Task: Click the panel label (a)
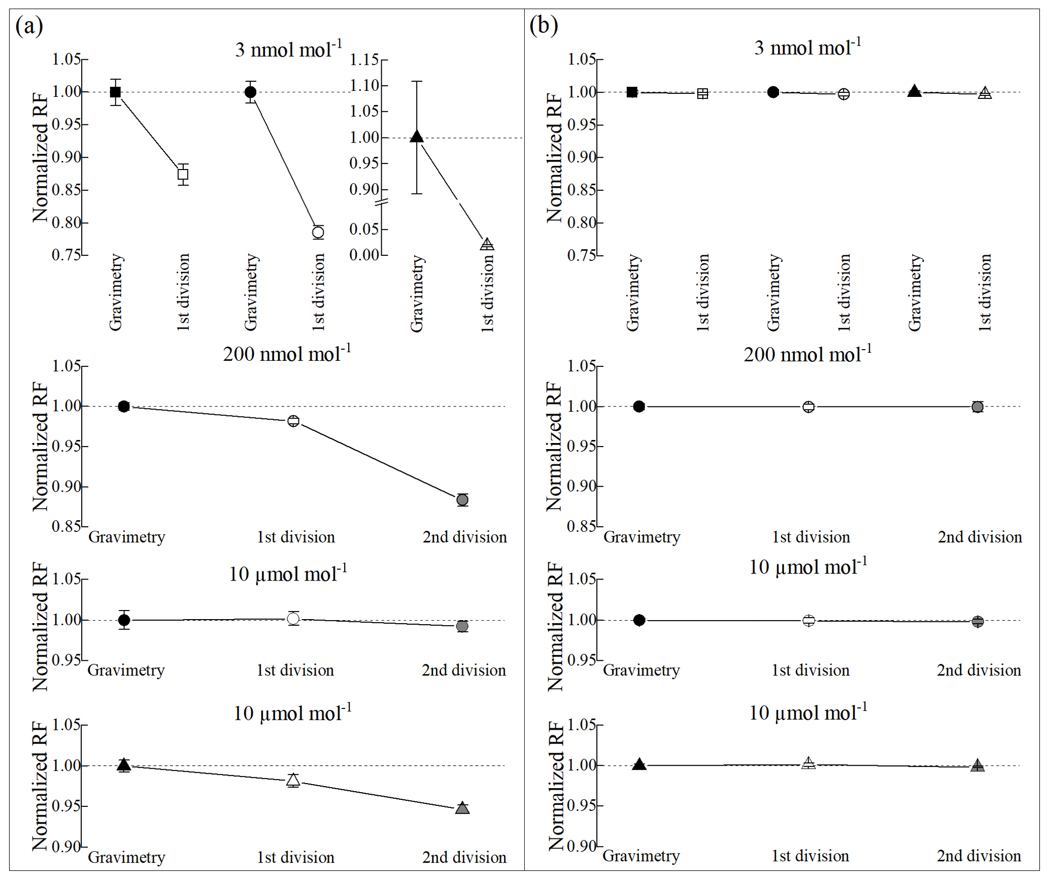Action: click(x=29, y=26)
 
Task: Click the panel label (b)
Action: click(x=543, y=25)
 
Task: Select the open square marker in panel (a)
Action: click(x=183, y=175)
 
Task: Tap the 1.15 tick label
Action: click(x=364, y=60)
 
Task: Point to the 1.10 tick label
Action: click(x=364, y=85)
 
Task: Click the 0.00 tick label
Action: click(x=364, y=255)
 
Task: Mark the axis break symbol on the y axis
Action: click(x=382, y=202)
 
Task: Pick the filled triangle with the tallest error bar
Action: click(x=417, y=136)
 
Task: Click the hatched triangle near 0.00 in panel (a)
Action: click(x=487, y=244)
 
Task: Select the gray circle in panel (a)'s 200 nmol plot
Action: click(x=462, y=500)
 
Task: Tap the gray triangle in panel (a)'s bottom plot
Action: click(x=462, y=808)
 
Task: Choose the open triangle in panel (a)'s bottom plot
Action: click(x=293, y=780)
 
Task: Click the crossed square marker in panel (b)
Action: click(x=702, y=93)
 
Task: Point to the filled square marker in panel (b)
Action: click(x=632, y=92)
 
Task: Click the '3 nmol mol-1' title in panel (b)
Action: click(x=807, y=48)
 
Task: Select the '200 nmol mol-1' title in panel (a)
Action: click(x=287, y=354)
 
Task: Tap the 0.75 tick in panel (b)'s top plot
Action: click(x=581, y=255)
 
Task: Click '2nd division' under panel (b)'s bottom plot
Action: click(x=978, y=856)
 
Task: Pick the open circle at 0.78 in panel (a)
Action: click(x=318, y=232)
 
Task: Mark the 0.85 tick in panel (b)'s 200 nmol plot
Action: click(x=581, y=526)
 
